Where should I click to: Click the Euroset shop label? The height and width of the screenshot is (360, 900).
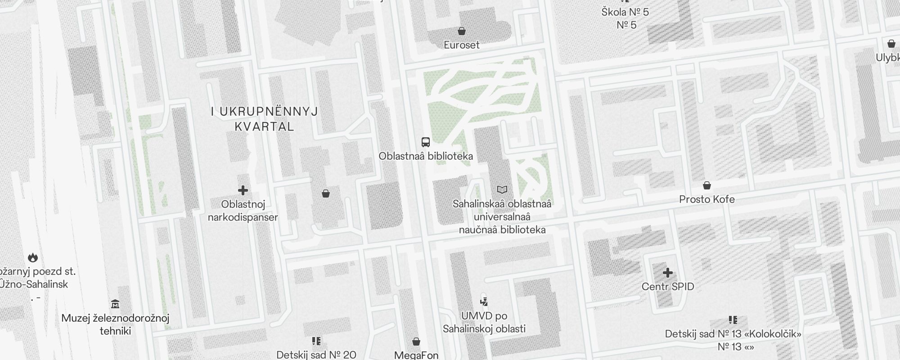click(x=461, y=45)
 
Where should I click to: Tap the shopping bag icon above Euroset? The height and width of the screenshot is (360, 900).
click(x=461, y=31)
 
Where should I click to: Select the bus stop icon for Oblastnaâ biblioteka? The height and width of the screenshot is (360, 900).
click(x=425, y=142)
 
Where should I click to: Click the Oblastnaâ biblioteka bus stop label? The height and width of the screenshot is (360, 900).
click(x=425, y=156)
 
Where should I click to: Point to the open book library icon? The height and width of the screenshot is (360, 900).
click(x=502, y=190)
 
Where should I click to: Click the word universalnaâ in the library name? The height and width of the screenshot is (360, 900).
click(x=502, y=217)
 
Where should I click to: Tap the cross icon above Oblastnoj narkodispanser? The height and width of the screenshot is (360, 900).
click(x=243, y=190)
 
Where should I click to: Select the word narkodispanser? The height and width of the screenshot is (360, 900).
click(x=243, y=217)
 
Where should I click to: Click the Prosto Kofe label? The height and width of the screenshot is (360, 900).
click(x=706, y=199)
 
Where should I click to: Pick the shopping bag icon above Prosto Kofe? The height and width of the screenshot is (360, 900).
click(x=706, y=185)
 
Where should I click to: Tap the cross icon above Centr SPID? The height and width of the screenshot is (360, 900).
click(x=668, y=273)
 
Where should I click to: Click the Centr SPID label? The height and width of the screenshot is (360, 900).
click(x=668, y=287)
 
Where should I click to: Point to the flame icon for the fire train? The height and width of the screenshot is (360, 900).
click(x=32, y=257)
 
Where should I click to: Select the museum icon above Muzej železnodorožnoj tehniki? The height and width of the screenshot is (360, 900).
click(x=115, y=304)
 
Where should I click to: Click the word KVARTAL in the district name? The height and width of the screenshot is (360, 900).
click(x=265, y=126)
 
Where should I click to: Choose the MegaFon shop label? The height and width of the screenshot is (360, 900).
click(x=416, y=355)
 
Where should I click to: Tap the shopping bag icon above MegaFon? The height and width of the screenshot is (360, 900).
click(x=416, y=342)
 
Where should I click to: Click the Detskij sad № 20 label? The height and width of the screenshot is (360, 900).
click(x=316, y=355)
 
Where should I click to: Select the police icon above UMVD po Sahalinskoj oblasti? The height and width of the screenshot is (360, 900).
click(x=484, y=301)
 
